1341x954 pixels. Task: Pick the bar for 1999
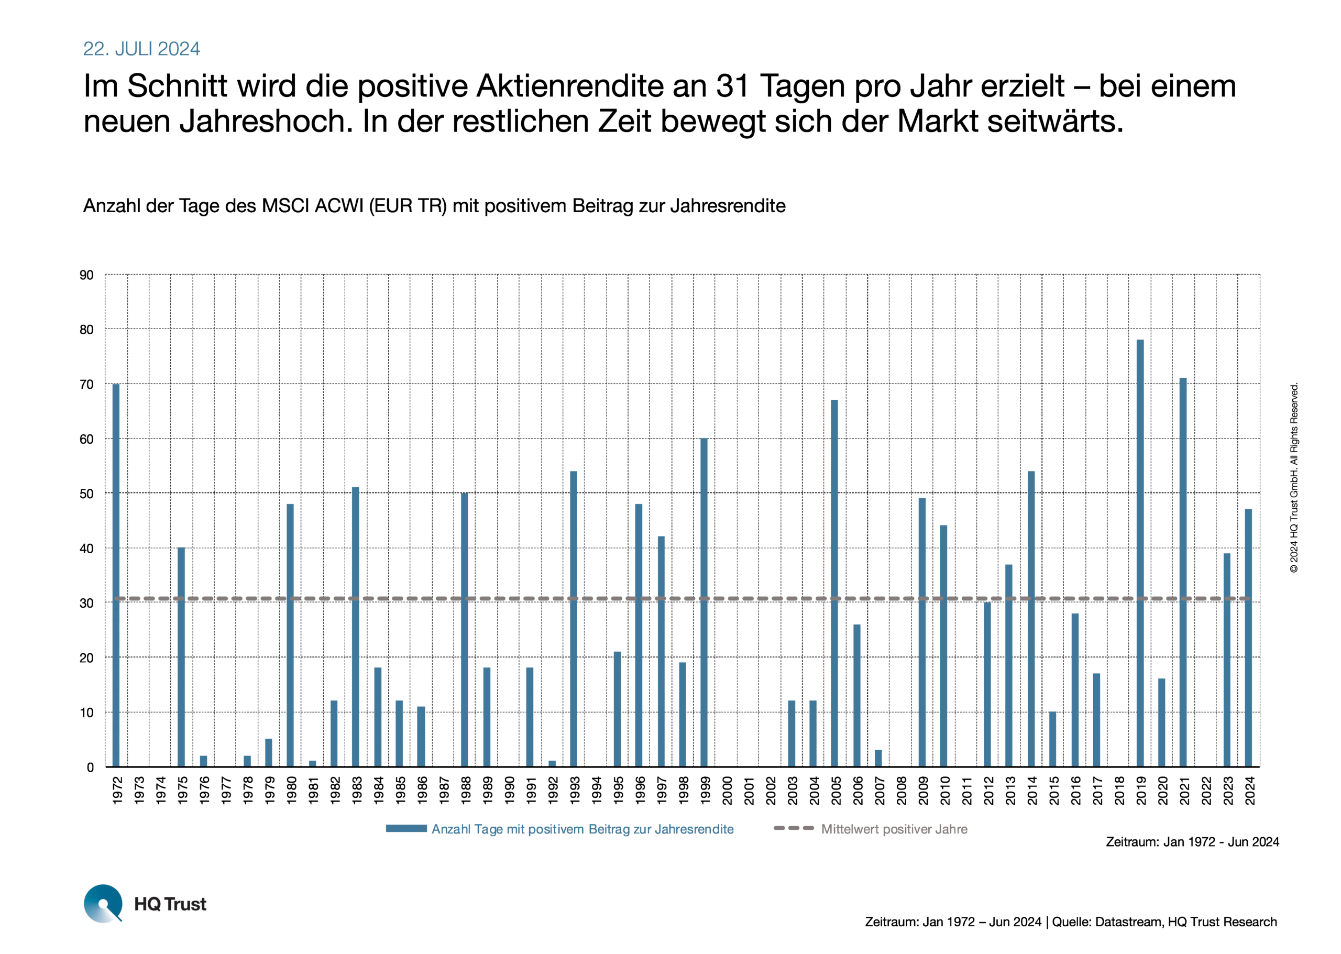tap(704, 602)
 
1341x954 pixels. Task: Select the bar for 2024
tap(1248, 638)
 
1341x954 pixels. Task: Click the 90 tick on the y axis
tap(86, 275)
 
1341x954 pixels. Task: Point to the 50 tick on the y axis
tap(86, 494)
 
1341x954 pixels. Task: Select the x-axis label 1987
tap(444, 790)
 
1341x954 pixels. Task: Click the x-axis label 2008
tap(902, 790)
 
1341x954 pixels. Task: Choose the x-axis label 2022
tap(1206, 790)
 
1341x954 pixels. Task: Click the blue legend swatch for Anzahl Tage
tap(406, 828)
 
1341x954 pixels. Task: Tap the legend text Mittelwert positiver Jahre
tap(894, 829)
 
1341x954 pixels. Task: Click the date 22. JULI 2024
tap(141, 49)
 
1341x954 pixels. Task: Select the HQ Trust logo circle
tap(103, 903)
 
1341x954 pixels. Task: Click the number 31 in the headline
tap(732, 86)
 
